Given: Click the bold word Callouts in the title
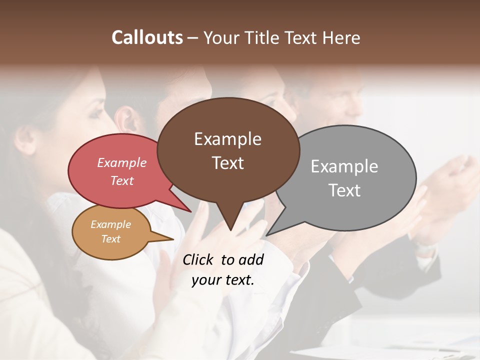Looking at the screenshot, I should pyautogui.click(x=147, y=37).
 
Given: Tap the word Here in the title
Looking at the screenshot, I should pyautogui.click(x=341, y=37).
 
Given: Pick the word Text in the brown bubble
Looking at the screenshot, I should pyautogui.click(x=227, y=162).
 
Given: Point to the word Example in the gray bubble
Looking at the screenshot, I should pyautogui.click(x=344, y=166).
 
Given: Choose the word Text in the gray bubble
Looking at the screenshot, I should pyautogui.click(x=344, y=190).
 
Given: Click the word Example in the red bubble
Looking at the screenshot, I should pyautogui.click(x=122, y=162).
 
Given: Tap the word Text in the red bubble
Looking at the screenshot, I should pyautogui.click(x=122, y=180).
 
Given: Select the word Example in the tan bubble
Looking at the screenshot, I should pyautogui.click(x=110, y=224).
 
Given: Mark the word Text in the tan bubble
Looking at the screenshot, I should pyautogui.click(x=110, y=239).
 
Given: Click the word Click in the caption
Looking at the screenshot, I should pyautogui.click(x=198, y=259).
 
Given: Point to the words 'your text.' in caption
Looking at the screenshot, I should pyautogui.click(x=223, y=280).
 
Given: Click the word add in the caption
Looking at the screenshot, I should pyautogui.click(x=251, y=259).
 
